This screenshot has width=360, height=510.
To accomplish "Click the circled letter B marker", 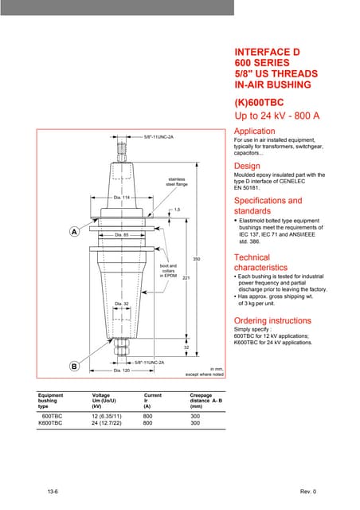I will [x=73, y=367].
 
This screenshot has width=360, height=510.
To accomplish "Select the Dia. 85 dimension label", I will [x=121, y=235].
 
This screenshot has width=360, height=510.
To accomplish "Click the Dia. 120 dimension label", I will [x=121, y=371].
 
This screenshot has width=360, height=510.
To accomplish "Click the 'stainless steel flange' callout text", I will [x=176, y=182].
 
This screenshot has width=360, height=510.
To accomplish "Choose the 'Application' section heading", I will [x=254, y=131].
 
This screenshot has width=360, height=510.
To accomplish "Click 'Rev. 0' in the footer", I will [x=308, y=491].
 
